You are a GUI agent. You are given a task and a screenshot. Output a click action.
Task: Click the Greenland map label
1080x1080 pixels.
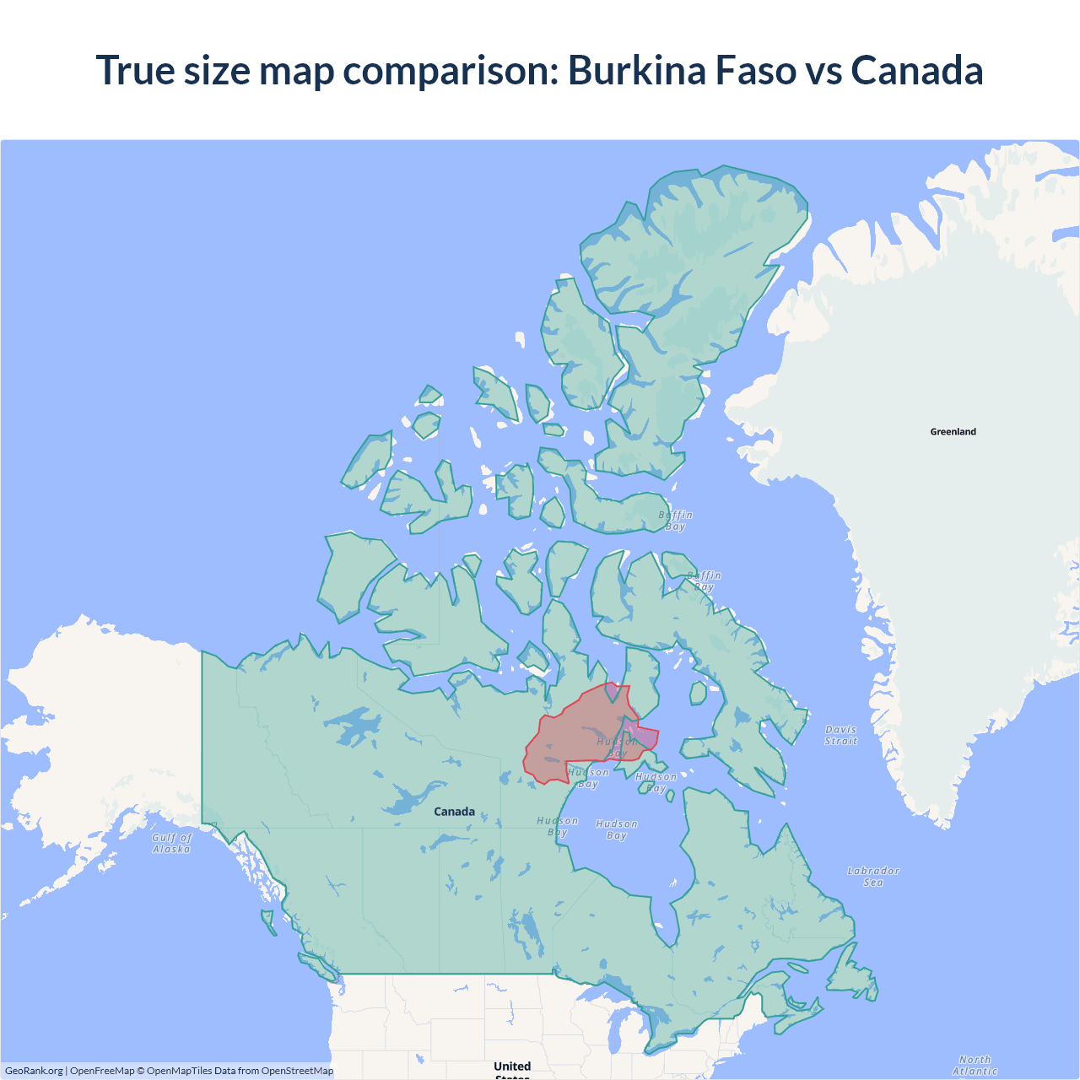(953, 432)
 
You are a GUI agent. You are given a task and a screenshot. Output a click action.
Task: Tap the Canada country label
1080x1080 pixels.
(454, 812)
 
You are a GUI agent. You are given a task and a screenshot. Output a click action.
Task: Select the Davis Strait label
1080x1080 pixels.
(841, 735)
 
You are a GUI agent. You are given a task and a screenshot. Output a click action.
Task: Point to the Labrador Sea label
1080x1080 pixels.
(873, 877)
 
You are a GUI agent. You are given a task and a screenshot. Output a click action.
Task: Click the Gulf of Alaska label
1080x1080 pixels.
(172, 843)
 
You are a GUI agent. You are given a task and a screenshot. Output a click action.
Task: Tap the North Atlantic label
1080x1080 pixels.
(975, 1065)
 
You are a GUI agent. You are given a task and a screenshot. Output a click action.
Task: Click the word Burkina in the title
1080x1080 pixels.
(637, 70)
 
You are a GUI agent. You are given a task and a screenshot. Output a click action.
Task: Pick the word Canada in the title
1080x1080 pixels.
(917, 70)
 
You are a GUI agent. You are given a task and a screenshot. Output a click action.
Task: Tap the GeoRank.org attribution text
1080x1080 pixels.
(34, 1071)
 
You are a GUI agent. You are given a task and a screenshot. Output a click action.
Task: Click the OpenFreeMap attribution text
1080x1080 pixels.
(102, 1071)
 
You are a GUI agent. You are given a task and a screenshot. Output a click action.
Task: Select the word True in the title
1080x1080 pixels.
(135, 70)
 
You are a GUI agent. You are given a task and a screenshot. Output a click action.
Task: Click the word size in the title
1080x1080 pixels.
(217, 70)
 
